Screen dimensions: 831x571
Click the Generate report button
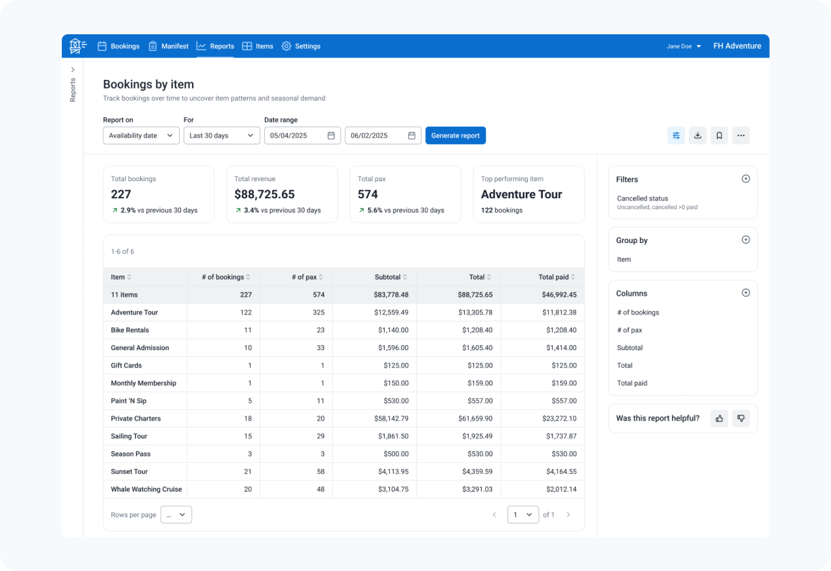(x=455, y=135)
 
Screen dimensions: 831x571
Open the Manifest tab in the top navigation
(x=168, y=46)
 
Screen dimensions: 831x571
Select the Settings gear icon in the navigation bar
(x=286, y=46)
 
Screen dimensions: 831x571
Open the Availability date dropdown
(x=141, y=135)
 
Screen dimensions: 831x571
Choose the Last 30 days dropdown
(x=221, y=135)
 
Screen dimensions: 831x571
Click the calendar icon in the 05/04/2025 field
(x=331, y=135)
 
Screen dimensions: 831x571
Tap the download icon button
(x=697, y=135)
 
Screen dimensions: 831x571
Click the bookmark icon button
(x=719, y=135)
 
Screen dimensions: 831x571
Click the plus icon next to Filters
(x=746, y=179)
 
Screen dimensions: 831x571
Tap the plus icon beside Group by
(x=746, y=239)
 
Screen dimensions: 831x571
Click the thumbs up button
(x=719, y=418)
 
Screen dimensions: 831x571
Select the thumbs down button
(x=741, y=418)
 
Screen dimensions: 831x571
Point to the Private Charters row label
(x=136, y=418)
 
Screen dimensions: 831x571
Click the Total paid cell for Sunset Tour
(x=561, y=471)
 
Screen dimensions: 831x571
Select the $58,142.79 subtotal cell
(x=391, y=418)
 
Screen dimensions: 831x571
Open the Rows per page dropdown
(x=176, y=514)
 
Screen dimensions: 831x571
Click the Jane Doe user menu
(x=683, y=46)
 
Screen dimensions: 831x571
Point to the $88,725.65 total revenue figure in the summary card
(x=264, y=194)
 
